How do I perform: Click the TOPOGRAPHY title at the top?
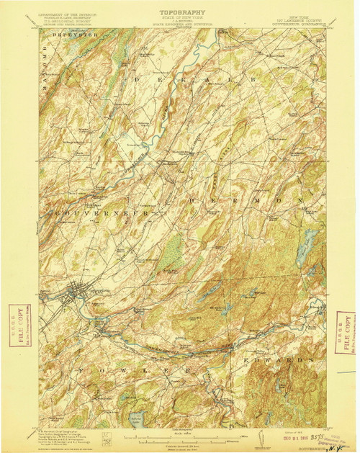pos(179,12)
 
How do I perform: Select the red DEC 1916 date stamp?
pos(285,436)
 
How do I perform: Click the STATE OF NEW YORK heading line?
pos(179,18)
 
